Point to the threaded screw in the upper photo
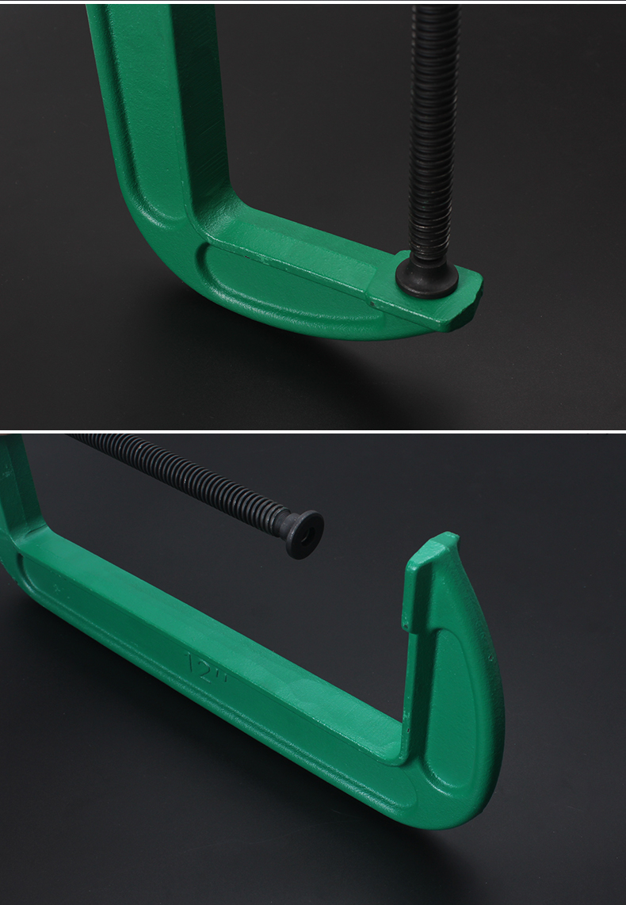point(434,133)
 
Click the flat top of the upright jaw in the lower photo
point(433,545)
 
